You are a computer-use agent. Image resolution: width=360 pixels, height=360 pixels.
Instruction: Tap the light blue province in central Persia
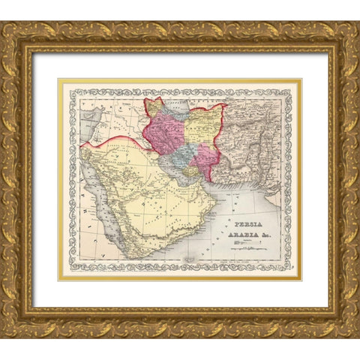tap(184, 154)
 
